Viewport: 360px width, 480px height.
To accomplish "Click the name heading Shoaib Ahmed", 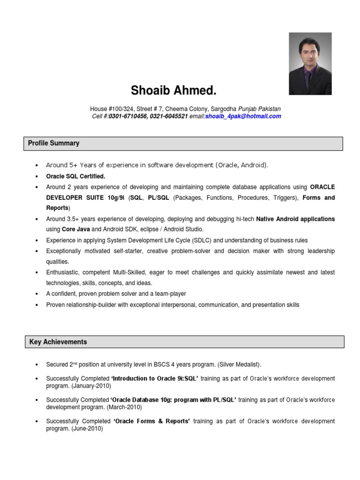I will [x=174, y=90].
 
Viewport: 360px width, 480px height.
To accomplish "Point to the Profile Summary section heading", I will [x=53, y=143].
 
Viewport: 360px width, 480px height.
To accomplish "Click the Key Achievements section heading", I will [x=58, y=342].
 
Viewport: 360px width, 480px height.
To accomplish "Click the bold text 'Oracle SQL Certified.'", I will [x=75, y=176].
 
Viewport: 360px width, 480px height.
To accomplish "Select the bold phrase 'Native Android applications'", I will [x=296, y=219].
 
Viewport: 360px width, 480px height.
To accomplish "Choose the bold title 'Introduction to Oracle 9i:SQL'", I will [x=155, y=379].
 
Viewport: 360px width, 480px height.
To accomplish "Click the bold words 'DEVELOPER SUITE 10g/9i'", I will [x=79, y=198].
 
